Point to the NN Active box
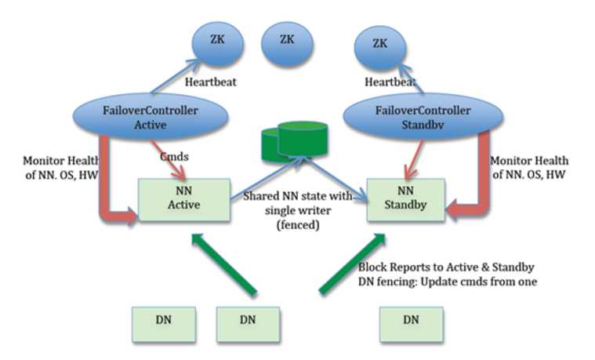pyautogui.click(x=185, y=198)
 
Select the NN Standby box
pyautogui.click(x=405, y=199)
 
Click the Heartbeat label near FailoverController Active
pyautogui.click(x=211, y=82)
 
